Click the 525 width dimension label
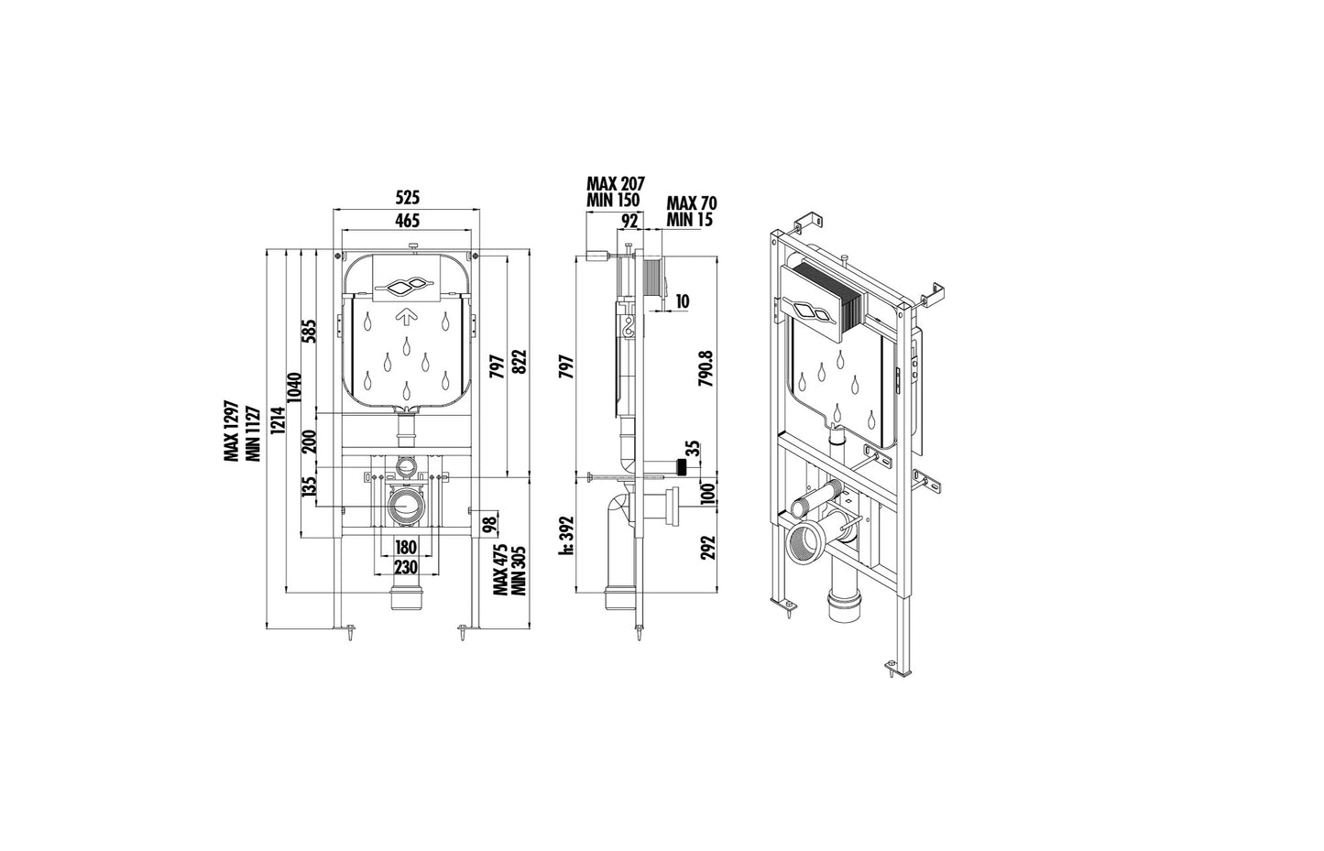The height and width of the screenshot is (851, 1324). pyautogui.click(x=407, y=197)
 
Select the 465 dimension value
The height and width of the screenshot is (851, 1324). pyautogui.click(x=407, y=220)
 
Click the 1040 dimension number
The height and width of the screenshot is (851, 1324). pyautogui.click(x=293, y=389)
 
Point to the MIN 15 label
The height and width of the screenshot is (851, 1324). pyautogui.click(x=690, y=219)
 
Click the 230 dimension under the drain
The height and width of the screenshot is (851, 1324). pyautogui.click(x=405, y=567)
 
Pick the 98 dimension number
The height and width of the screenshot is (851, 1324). pyautogui.click(x=490, y=523)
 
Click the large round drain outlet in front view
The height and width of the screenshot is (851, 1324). pyautogui.click(x=405, y=505)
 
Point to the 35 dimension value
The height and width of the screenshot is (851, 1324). pyautogui.click(x=693, y=449)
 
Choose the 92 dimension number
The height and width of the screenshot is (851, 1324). pyautogui.click(x=629, y=220)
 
